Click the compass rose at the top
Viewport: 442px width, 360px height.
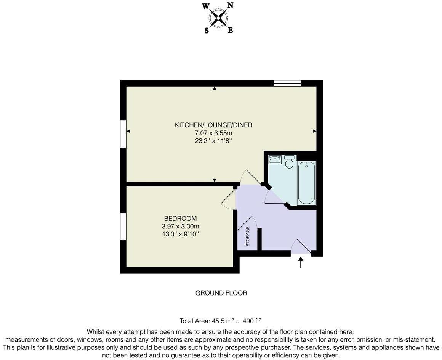[218, 18]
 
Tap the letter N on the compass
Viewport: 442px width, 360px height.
[230, 5]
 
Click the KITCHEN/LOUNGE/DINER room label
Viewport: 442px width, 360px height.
[213, 125]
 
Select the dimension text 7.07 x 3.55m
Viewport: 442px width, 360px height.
[213, 133]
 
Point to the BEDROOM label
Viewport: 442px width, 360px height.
[180, 219]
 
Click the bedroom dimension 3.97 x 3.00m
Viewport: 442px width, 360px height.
[180, 226]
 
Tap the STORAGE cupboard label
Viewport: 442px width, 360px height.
[248, 236]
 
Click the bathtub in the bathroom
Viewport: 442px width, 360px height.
[306, 183]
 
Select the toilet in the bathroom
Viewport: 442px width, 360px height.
[289, 162]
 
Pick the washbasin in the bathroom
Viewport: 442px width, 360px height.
[274, 159]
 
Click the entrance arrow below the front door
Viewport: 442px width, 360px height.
[301, 262]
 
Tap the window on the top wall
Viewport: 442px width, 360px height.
[287, 83]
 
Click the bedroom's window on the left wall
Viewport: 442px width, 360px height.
[123, 227]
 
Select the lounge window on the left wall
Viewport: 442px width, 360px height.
[123, 134]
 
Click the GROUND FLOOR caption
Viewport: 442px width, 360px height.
[221, 293]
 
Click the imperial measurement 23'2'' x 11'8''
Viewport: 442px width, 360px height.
[213, 141]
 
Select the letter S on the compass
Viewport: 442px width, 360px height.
[207, 31]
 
